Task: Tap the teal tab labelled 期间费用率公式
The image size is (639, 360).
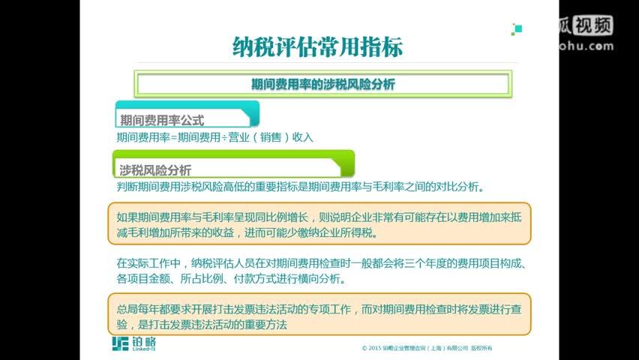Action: click(162, 119)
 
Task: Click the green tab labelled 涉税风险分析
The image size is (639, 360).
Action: click(155, 169)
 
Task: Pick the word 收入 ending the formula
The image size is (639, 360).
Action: click(303, 138)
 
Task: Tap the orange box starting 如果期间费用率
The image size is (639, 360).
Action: click(319, 223)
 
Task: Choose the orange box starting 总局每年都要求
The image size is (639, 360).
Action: click(319, 315)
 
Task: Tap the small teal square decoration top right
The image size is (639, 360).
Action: click(517, 29)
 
